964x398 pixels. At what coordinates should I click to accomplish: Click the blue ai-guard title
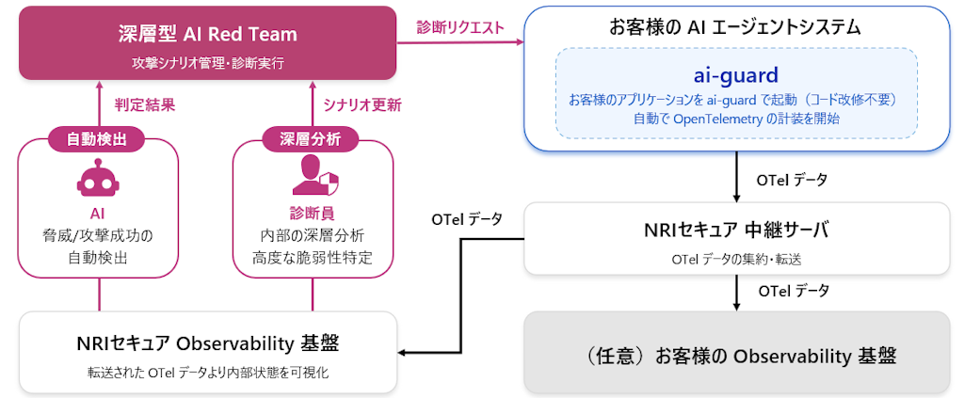point(736,73)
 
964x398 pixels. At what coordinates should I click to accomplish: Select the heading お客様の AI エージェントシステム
point(736,27)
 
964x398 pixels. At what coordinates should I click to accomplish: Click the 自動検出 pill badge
point(98,139)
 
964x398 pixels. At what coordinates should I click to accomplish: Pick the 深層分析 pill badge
point(312,139)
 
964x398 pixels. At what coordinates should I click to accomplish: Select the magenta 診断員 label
point(312,212)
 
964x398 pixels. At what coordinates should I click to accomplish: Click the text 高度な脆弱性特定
point(312,257)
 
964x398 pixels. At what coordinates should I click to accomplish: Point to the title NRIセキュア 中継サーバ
point(736,228)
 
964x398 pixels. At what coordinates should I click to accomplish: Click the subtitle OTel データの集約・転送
point(736,255)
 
